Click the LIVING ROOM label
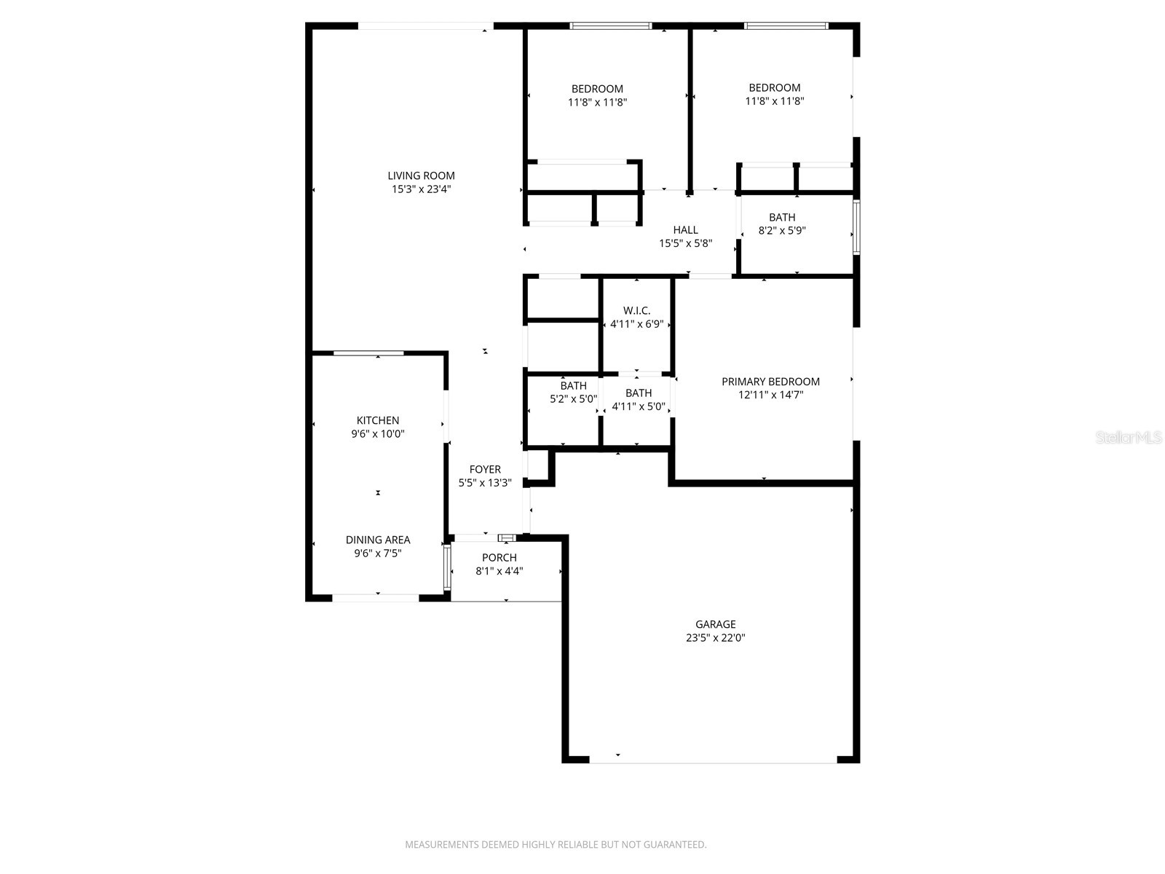(421, 176)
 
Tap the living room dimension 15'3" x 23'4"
(421, 189)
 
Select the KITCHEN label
(377, 420)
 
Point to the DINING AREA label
(377, 540)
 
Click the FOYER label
(485, 470)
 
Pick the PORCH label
(499, 558)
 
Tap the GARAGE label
(715, 624)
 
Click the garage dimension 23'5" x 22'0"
(715, 638)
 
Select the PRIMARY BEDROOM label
(770, 382)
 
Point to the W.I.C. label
(636, 311)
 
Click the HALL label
(685, 230)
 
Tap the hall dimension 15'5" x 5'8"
(685, 244)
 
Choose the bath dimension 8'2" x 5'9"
(782, 231)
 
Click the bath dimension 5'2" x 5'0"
(573, 399)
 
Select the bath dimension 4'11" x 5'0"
(639, 406)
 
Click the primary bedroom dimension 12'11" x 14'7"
(770, 395)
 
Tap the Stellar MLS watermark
(1129, 438)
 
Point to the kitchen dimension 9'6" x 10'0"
(377, 434)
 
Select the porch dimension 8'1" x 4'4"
(499, 572)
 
